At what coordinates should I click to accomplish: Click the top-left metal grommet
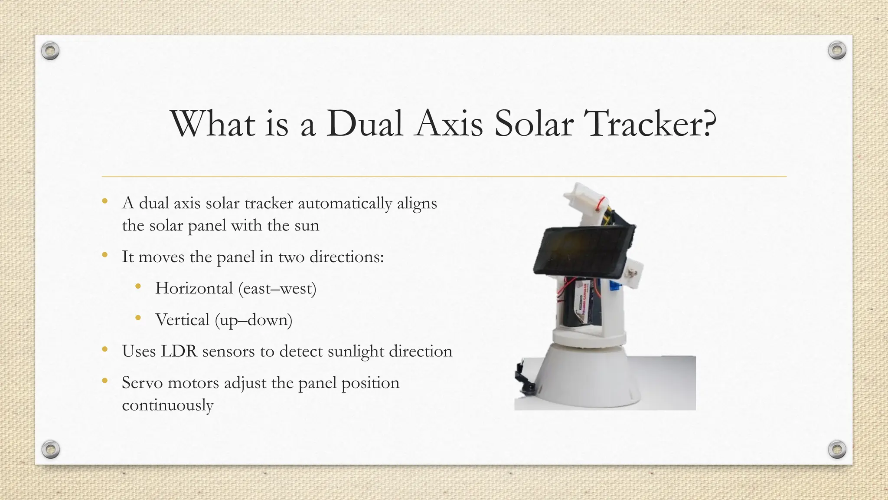coord(50,51)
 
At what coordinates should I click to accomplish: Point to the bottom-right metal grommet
coord(837,449)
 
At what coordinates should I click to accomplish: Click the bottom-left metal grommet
coord(50,449)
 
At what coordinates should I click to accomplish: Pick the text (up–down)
coord(254,320)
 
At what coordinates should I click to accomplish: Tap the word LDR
coord(179,351)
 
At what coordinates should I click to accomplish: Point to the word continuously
coord(167,405)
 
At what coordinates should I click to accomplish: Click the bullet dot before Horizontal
coord(138,286)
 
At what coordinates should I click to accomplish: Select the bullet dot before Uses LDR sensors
coord(104,349)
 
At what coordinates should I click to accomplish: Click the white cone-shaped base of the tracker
coord(590,378)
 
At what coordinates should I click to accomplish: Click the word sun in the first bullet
coord(307,226)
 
